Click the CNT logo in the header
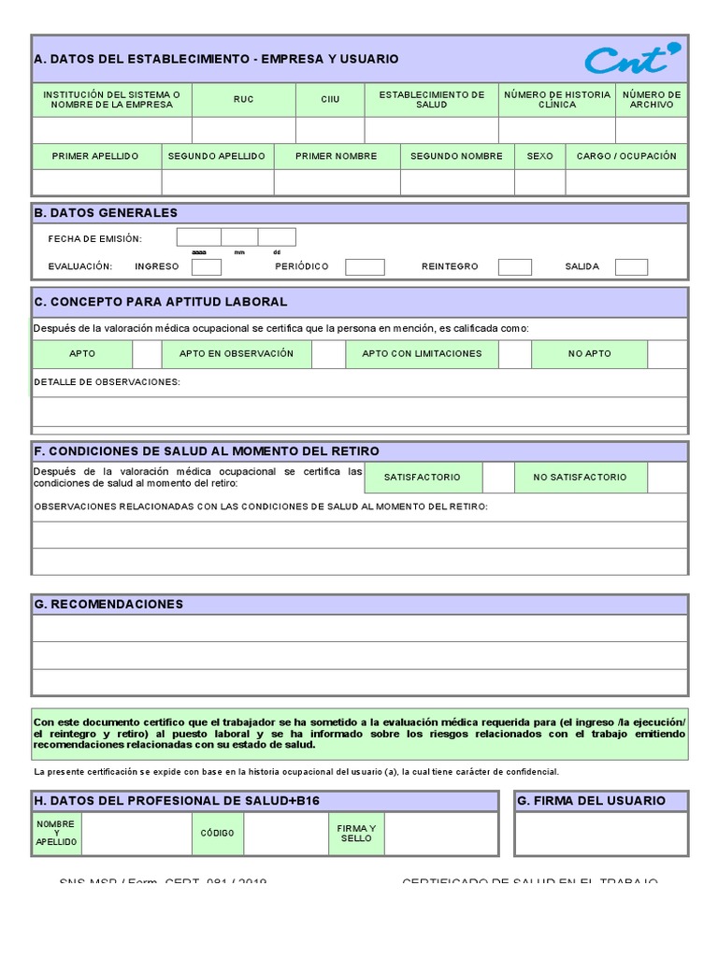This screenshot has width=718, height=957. (633, 59)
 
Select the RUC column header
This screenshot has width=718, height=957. (243, 100)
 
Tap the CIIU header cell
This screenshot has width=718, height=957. (330, 100)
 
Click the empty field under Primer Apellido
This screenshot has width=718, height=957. (95, 181)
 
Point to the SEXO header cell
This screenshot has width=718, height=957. (539, 156)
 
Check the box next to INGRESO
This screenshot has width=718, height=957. (206, 267)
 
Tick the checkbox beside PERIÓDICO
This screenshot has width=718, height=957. (365, 267)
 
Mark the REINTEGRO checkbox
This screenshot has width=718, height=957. (514, 267)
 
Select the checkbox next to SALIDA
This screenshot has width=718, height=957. (631, 267)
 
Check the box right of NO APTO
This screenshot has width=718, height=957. (667, 354)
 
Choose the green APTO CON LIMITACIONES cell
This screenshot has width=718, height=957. (422, 354)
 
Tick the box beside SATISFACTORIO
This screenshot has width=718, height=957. (498, 478)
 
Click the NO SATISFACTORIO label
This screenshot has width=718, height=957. (580, 478)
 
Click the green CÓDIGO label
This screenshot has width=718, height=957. (218, 833)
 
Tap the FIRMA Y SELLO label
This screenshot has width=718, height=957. (356, 833)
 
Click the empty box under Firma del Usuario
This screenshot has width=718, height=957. (601, 834)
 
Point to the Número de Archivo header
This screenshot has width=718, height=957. (651, 100)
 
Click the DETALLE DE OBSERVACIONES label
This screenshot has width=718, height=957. (107, 382)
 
